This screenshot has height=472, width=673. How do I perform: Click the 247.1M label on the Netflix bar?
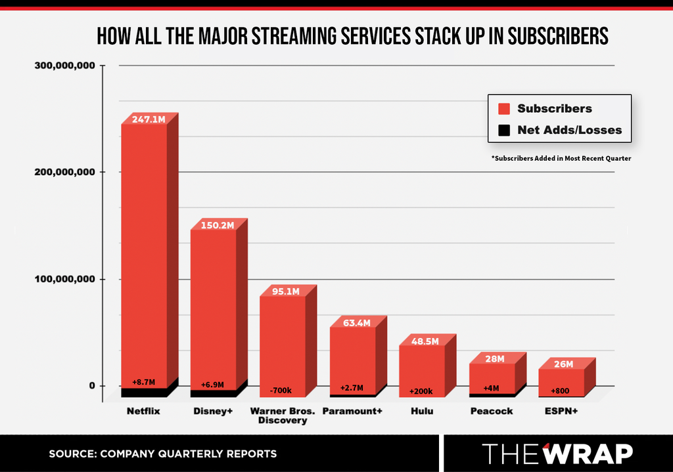149,119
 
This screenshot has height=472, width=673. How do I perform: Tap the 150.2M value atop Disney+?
218,225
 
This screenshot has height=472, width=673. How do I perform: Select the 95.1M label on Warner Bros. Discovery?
286,291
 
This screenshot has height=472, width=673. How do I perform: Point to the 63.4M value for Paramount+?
357,323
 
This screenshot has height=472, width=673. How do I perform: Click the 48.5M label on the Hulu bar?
425,341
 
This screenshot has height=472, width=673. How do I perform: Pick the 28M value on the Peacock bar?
495,359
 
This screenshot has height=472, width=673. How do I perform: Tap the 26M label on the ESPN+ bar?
563,364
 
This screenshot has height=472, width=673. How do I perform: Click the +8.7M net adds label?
143,382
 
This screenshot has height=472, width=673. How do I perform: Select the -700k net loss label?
281,391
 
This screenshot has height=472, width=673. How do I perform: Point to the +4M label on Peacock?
491,389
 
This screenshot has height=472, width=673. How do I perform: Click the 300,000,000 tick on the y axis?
65,66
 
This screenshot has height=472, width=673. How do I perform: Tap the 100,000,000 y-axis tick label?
65,279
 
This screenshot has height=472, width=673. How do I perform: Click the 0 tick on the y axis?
92,386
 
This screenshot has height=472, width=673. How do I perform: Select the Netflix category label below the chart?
143,411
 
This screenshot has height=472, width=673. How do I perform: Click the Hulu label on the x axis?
422,411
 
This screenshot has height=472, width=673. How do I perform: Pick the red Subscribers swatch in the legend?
504,109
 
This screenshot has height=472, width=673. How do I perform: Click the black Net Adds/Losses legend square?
504,131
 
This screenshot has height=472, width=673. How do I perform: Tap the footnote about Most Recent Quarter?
561,158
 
